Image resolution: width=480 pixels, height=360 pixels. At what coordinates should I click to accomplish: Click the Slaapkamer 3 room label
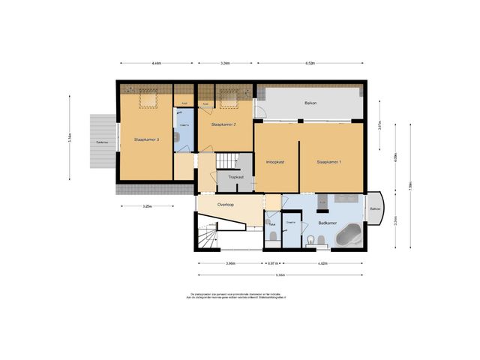[x=146, y=139]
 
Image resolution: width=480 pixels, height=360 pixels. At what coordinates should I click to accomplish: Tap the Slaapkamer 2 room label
[x=223, y=124]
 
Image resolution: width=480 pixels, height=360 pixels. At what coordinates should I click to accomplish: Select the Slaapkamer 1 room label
[x=328, y=161]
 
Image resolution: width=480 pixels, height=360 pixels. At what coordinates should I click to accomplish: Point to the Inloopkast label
[x=275, y=161]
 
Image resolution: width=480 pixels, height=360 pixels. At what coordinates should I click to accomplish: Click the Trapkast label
[x=235, y=177]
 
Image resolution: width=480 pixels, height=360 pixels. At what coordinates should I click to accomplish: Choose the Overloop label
[x=227, y=204]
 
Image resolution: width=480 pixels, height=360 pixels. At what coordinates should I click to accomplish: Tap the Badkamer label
[x=326, y=223]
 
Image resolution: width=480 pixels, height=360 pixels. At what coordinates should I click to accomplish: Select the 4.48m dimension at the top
[x=156, y=64]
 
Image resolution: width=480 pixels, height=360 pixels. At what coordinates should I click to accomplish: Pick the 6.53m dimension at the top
[x=310, y=64]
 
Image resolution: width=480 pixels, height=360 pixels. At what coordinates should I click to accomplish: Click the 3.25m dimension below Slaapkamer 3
[x=148, y=206]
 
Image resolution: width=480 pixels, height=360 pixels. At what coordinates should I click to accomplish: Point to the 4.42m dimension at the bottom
[x=322, y=263]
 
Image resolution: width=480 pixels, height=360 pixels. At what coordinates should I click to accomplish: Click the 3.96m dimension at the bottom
[x=230, y=263]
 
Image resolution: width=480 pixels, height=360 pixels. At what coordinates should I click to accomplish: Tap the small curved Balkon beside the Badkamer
[x=374, y=209]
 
